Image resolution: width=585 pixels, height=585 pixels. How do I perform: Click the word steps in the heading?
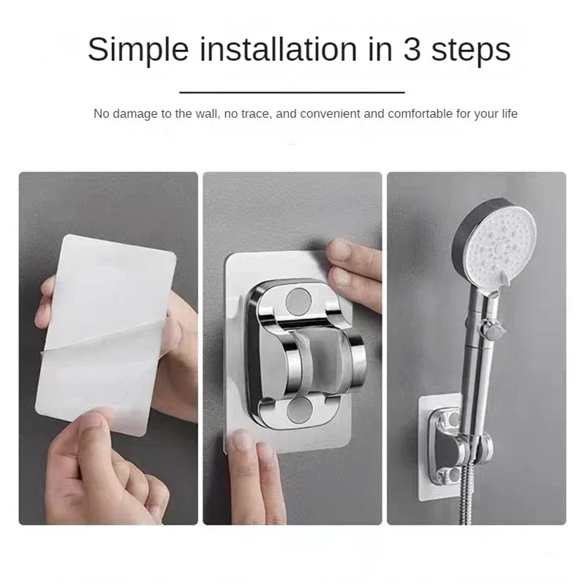[x=471, y=50]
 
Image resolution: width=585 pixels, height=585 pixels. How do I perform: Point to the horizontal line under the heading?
[x=292, y=92]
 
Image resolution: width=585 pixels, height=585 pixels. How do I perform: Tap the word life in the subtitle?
[x=508, y=113]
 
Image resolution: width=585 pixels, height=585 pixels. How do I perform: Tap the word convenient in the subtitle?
[x=330, y=113]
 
